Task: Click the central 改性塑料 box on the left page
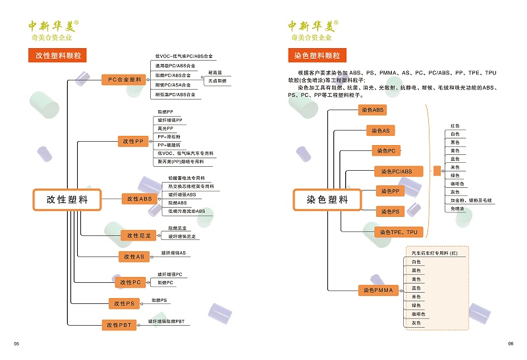[67, 199]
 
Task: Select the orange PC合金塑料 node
[125, 80]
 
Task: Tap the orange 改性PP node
[134, 141]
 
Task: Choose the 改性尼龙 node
[138, 235]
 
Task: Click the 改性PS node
[125, 303]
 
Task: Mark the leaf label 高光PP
[165, 129]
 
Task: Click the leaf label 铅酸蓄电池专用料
[186, 179]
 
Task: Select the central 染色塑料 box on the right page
[327, 199]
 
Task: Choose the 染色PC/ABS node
[397, 171]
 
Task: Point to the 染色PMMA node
[377, 290]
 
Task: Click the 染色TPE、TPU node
[399, 232]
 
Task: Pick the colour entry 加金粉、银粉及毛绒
[470, 200]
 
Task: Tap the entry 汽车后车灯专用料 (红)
[434, 253]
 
